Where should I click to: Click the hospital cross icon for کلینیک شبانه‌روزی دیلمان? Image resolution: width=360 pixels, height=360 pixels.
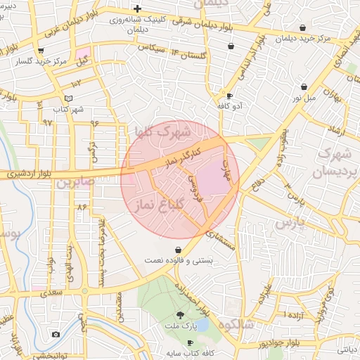coord(146,8)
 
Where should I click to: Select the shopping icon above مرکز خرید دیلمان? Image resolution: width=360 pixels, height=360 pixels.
coord(303,27)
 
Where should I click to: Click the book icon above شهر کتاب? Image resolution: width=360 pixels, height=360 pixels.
coord(68,98)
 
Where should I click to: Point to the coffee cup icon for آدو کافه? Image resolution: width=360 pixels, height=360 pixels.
coord(230,96)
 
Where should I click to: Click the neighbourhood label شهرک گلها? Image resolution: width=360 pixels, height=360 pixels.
coord(162,131)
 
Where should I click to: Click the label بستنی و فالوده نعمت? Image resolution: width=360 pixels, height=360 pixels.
coord(177,260)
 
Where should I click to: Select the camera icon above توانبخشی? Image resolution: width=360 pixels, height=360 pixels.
coord(56,334)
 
